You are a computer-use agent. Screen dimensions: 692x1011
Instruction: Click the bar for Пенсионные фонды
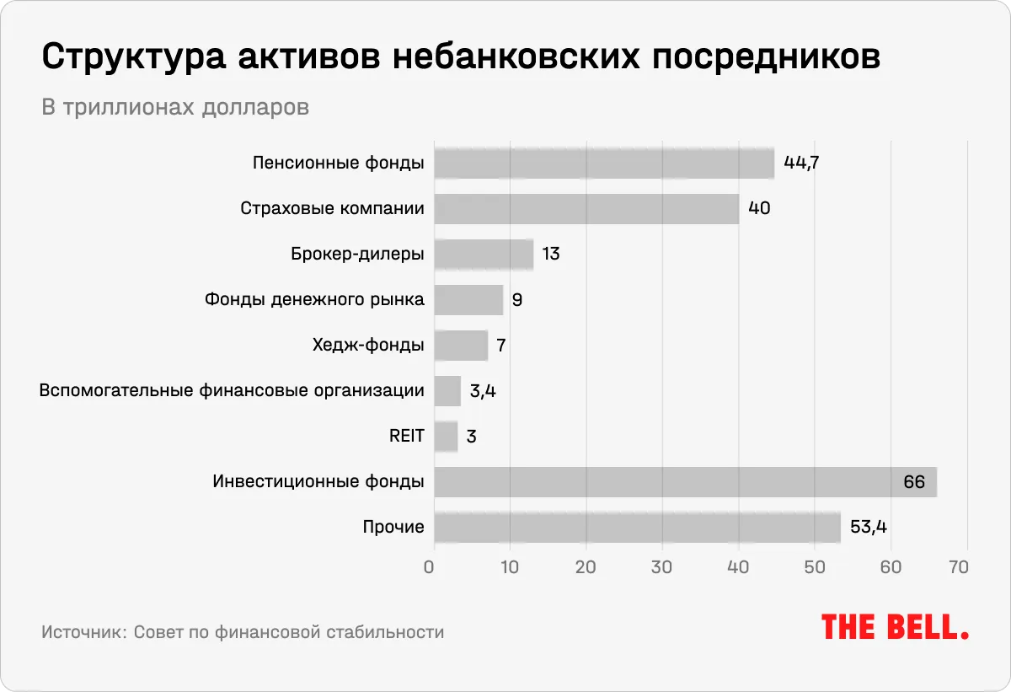603,163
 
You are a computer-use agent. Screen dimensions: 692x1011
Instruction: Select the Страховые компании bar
586,208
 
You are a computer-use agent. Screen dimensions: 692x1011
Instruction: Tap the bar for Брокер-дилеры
484,254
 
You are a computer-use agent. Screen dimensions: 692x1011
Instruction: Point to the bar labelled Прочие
637,528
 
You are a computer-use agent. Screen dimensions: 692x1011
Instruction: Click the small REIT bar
446,437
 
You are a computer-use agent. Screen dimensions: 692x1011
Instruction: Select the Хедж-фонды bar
461,345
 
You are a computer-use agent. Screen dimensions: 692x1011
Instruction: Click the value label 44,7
801,163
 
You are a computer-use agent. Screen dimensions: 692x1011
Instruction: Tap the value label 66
914,482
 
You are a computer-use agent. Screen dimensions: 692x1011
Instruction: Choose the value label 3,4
481,391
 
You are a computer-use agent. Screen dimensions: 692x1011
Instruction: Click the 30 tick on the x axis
662,566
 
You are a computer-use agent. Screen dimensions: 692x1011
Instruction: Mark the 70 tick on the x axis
959,566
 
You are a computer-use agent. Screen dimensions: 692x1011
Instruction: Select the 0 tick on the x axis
430,566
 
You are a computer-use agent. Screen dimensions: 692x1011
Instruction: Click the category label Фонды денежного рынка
314,299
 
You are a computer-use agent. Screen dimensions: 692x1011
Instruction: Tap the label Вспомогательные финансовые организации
232,390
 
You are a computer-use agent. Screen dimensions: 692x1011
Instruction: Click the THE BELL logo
895,626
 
